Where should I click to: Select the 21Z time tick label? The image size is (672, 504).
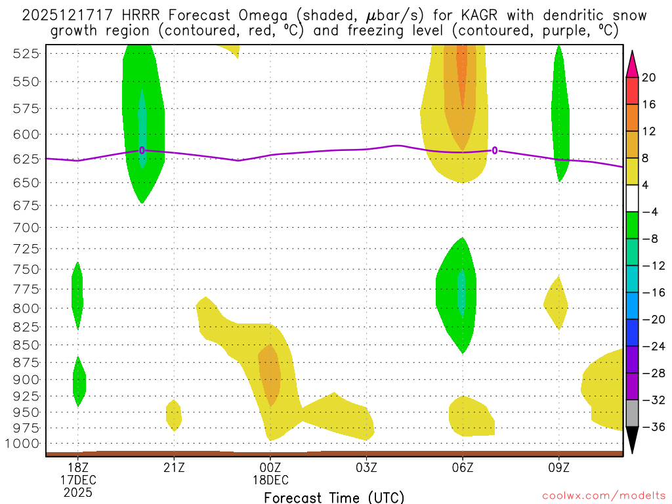174,467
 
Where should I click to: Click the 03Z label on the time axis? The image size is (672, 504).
366,467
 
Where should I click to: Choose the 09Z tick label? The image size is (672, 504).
559,467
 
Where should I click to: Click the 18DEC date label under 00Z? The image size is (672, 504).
270,480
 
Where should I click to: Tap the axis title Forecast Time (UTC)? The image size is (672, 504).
334,497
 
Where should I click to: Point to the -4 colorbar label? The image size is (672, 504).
649,212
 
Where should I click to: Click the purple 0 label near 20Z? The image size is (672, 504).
142,150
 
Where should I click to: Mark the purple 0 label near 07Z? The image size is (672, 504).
495,150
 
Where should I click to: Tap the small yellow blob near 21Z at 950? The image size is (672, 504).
174,415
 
